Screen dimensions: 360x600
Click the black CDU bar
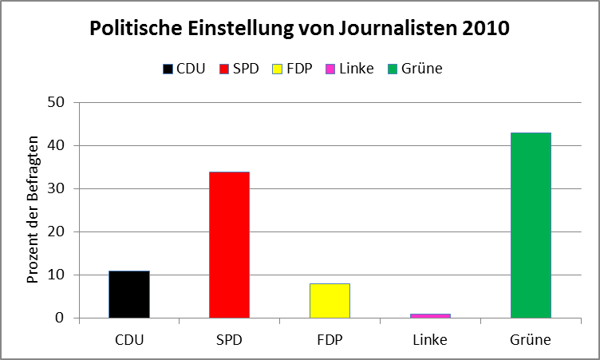coord(129,295)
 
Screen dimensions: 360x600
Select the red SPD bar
coord(230,245)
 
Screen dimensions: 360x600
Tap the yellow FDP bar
coord(330,301)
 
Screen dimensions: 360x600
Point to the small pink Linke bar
coord(430,316)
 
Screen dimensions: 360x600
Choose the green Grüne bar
coord(531,225)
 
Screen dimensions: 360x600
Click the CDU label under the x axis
coord(129,340)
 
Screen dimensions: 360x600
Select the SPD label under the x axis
coord(230,340)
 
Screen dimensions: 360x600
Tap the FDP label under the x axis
coord(330,340)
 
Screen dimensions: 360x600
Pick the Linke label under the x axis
coord(430,340)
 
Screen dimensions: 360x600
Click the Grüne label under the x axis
coord(531,340)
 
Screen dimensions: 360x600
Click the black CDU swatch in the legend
coord(168,69)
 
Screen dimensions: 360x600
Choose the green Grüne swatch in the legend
coord(393,69)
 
